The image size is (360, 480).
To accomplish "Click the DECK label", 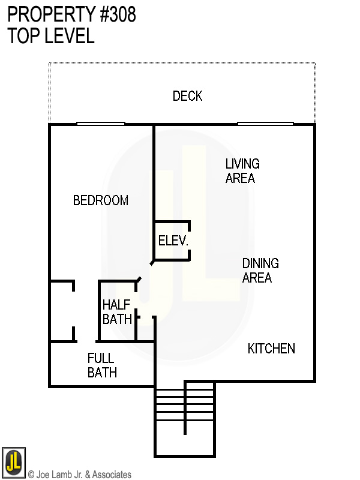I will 187,96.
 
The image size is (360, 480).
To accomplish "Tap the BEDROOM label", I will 100,200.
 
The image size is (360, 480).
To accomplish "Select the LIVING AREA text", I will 242,170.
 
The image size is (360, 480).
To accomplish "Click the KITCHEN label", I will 271,349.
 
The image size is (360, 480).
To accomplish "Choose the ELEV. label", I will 173,241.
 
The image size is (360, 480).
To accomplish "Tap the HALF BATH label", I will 117,311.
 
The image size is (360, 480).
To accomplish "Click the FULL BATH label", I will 102,365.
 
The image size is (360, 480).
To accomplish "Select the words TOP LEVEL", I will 51,36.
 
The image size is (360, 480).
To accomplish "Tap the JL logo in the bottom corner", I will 13,461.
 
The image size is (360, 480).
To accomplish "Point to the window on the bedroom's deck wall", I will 100,124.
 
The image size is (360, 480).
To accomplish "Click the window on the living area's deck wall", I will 265,124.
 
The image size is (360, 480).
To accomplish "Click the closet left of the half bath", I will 62,311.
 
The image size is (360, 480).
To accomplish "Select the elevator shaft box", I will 172,241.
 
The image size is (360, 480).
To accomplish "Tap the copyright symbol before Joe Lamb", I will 31,475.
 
